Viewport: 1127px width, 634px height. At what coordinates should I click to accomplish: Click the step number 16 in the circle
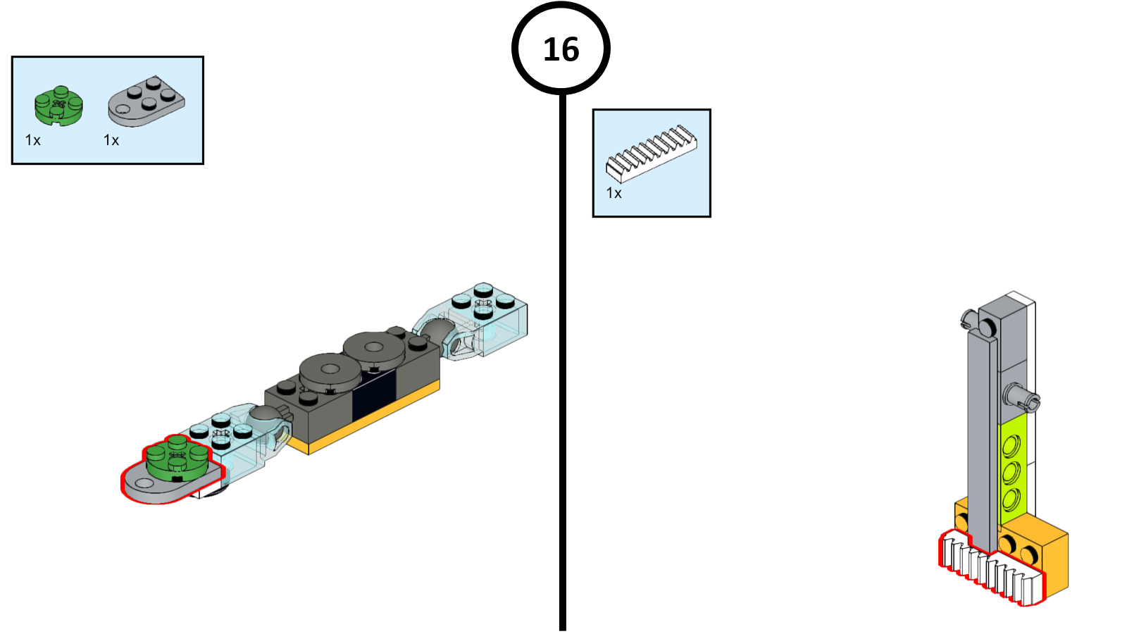(561, 49)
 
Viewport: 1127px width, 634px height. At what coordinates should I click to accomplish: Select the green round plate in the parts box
(58, 106)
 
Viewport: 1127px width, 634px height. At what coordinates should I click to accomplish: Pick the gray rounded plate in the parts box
(147, 101)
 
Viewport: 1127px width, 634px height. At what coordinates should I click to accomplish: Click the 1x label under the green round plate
(33, 140)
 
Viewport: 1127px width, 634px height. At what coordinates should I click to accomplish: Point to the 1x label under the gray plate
(111, 140)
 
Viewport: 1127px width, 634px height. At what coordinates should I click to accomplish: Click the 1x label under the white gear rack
(614, 193)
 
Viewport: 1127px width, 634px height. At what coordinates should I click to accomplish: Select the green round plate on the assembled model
(177, 459)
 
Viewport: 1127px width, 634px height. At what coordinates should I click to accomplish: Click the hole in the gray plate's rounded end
(144, 483)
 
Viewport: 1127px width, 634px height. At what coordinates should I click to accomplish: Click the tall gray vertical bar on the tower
(981, 437)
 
